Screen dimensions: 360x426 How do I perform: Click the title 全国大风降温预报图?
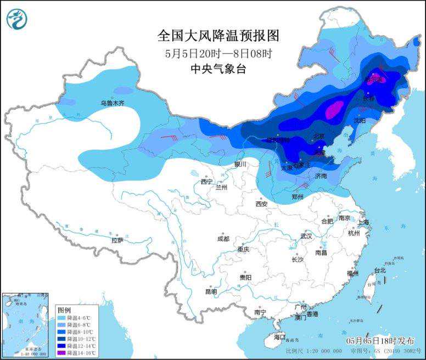pyautogui.click(x=218, y=36)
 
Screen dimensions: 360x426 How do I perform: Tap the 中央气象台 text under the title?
pyautogui.click(x=218, y=69)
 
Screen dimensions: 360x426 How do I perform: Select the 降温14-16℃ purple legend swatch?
pyautogui.click(x=61, y=352)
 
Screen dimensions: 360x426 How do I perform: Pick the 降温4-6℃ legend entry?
pyautogui.click(x=74, y=318)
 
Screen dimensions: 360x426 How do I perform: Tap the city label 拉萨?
pyautogui.click(x=117, y=240)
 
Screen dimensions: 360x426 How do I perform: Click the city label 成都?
pyautogui.click(x=223, y=239)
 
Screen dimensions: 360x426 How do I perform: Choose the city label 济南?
pyautogui.click(x=321, y=176)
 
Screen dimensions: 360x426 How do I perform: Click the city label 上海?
pyautogui.click(x=363, y=222)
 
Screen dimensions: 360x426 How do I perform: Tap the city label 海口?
pyautogui.click(x=280, y=336)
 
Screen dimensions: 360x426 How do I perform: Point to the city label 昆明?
pyautogui.click(x=211, y=291)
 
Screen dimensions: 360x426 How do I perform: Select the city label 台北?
pyautogui.click(x=380, y=270)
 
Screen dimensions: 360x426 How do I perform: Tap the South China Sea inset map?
pyautogui.click(x=27, y=324)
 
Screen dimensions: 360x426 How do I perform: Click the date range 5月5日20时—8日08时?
pyautogui.click(x=218, y=53)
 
